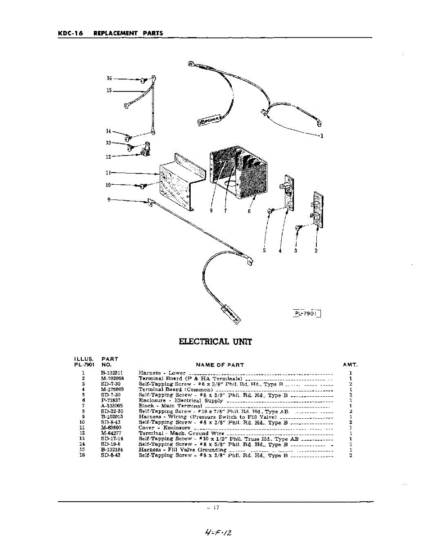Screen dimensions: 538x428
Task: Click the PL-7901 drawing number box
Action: click(x=307, y=314)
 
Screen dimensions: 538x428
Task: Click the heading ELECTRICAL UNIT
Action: click(x=215, y=342)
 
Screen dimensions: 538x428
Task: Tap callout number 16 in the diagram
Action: click(x=109, y=78)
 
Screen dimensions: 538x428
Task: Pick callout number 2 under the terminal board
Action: click(x=316, y=251)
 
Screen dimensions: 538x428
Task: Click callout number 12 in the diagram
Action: click(x=108, y=157)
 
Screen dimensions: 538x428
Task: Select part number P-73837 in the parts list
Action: click(x=110, y=400)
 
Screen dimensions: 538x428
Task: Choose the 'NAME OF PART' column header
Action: click(x=220, y=365)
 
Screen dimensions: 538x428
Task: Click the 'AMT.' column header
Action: click(x=350, y=365)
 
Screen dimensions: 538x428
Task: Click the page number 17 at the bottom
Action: click(x=216, y=508)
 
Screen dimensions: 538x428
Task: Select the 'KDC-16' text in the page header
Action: click(x=70, y=33)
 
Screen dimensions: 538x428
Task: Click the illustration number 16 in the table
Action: click(x=83, y=455)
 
